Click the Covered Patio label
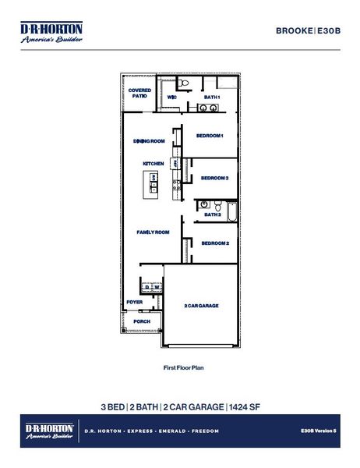coord(139,93)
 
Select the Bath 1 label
coord(212,97)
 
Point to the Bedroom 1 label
coord(210,136)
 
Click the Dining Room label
coord(149,141)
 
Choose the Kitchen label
coord(154,163)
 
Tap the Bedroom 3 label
coord(214,178)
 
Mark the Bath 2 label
coord(213,214)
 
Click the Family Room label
coord(154,232)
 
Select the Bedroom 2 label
coord(215,243)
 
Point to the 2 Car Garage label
coord(201,305)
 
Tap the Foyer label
coord(135,302)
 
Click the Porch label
coord(142,321)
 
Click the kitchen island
coord(153,183)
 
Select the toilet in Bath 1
coord(182,82)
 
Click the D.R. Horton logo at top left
coord(51,32)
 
